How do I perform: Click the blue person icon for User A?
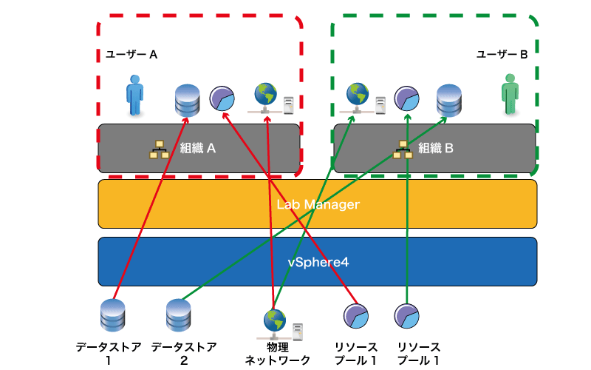134,95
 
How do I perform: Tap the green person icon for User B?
510,94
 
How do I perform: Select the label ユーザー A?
131,55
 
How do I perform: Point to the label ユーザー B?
502,55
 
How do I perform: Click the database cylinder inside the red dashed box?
188,101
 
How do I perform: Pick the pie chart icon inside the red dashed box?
222,98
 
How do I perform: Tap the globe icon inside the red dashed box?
265,94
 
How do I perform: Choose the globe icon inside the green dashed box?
358,94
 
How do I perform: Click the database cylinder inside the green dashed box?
449,101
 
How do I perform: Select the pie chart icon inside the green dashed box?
407,98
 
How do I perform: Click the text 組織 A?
198,148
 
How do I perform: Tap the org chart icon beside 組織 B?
403,149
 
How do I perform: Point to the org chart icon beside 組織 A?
159,149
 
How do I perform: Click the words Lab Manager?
318,204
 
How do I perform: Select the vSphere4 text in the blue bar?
318,262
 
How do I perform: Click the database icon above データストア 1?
113,315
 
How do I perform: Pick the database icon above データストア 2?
178,315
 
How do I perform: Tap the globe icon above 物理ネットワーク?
275,320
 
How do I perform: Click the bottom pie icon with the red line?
356,316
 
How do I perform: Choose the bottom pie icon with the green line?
407,316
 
